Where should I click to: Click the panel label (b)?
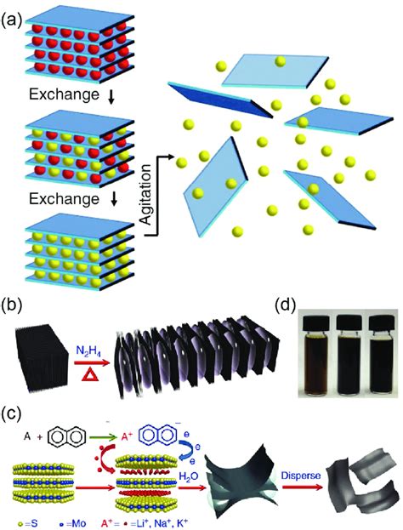click(12, 306)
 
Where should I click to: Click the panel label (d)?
click(286, 306)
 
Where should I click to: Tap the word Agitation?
click(146, 195)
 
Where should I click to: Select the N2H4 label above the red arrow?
click(88, 352)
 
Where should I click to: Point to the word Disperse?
click(300, 476)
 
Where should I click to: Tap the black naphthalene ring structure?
click(67, 436)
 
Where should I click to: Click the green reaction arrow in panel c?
click(105, 437)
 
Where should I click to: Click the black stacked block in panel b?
click(40, 360)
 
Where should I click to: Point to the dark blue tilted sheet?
click(221, 99)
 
